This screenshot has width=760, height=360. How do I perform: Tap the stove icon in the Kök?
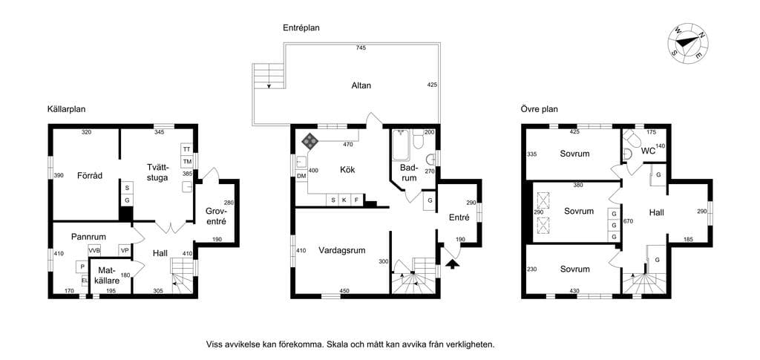click(310, 141)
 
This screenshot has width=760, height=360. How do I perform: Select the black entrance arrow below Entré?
click(453, 264)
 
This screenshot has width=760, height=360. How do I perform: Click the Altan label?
click(361, 86)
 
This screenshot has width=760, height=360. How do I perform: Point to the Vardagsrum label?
click(341, 250)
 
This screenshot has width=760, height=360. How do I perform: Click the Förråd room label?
click(90, 176)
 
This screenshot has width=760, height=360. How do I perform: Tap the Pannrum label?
click(89, 237)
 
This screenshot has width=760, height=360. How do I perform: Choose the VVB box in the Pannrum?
click(94, 250)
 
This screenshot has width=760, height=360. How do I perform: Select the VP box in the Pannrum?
click(125, 250)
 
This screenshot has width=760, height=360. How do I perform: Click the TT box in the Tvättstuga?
click(186, 149)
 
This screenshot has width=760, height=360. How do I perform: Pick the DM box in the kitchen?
click(301, 176)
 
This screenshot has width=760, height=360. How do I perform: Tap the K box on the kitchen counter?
click(344, 200)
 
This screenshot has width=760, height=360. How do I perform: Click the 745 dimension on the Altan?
click(360, 48)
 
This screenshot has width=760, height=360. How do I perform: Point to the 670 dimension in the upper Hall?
click(629, 221)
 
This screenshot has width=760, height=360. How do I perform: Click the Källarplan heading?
click(66, 110)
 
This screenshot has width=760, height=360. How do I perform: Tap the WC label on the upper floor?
click(648, 151)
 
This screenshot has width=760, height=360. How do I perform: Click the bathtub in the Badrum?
click(401, 145)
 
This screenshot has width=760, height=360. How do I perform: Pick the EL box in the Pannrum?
click(85, 280)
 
